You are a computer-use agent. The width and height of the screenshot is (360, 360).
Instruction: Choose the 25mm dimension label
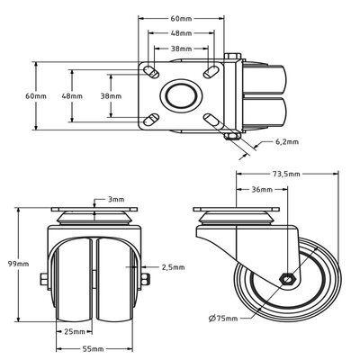pyautogui.click(x=75, y=332)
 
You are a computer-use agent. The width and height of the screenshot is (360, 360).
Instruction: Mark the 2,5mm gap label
pyautogui.click(x=174, y=267)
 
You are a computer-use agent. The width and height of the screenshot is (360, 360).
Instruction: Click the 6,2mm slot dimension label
pyautogui.click(x=285, y=142)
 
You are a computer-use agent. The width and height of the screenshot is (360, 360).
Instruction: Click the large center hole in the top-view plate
pyautogui.click(x=182, y=95)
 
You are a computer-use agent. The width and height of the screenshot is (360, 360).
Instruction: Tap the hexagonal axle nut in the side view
pyautogui.click(x=286, y=280)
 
